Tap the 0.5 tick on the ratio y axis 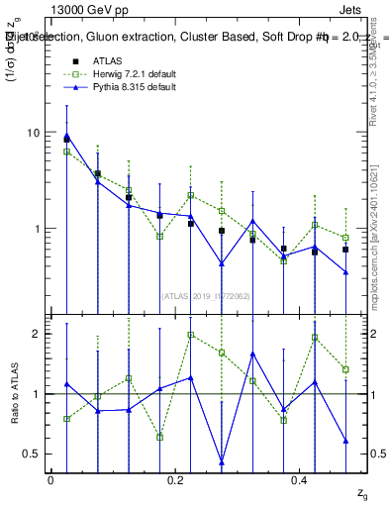34,454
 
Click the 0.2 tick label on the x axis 175,479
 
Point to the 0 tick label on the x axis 50,479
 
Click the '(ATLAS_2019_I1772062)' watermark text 206,294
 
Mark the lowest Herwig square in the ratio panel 159,437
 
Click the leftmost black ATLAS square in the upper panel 66,140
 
